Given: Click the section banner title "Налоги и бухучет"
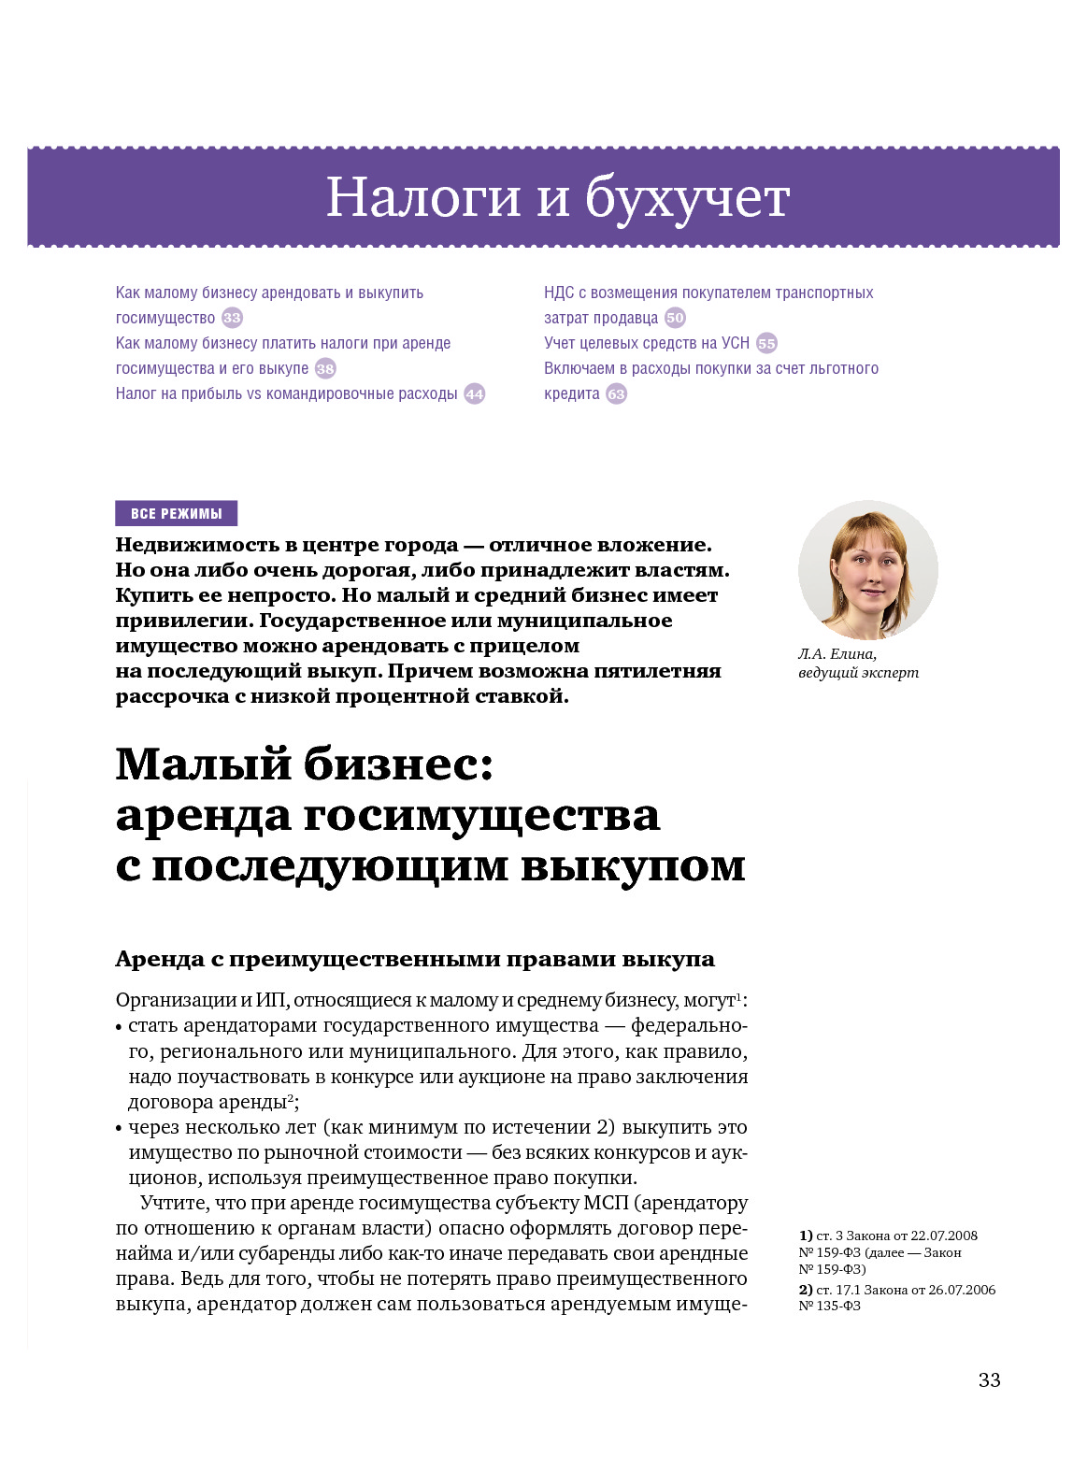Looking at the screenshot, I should tap(557, 197).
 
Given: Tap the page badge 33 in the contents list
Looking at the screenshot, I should tap(232, 318).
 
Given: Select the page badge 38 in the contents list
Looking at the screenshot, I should tap(325, 368).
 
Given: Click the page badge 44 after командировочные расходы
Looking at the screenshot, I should tap(475, 393).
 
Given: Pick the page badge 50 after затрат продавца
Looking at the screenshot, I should tap(675, 318).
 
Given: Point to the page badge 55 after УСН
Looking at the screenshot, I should tap(766, 343).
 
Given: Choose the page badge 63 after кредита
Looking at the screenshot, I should tap(616, 393).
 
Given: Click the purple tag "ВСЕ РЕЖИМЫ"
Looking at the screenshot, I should tap(176, 513).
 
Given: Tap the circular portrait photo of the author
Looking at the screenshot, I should tap(867, 570).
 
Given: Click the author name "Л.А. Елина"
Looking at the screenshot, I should tap(837, 654).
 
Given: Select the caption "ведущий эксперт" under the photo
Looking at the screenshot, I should tap(858, 673).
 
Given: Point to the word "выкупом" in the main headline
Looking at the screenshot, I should tap(633, 865).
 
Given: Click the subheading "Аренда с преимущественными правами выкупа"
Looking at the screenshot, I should tap(414, 959).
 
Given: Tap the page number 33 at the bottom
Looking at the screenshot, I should tap(989, 1379).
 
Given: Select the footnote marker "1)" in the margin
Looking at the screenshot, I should tap(805, 1236).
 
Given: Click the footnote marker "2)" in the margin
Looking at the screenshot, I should tap(805, 1290).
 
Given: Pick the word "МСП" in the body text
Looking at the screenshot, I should tap(605, 1203).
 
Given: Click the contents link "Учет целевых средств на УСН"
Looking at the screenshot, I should tap(647, 343).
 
